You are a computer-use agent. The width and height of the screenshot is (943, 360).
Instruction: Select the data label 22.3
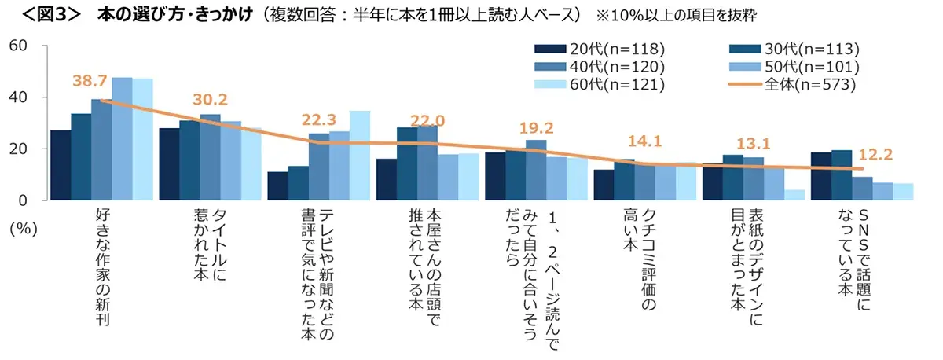pos(319,119)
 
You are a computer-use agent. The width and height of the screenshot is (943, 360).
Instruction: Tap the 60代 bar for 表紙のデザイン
pos(794,195)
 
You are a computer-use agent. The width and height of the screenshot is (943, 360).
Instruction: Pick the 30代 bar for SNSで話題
pos(841,175)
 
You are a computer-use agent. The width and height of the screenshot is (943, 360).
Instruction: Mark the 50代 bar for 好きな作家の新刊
pos(122,139)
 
